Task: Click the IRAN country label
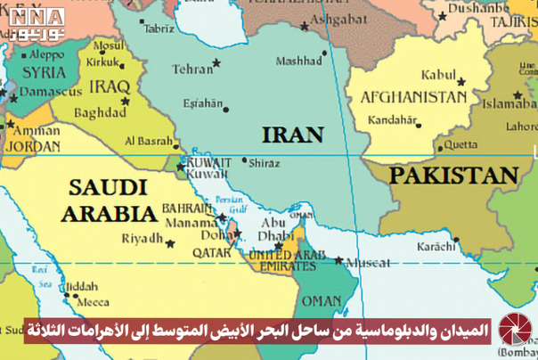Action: pyautogui.click(x=290, y=135)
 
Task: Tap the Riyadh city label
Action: pyautogui.click(x=143, y=238)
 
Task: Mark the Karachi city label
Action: pyautogui.click(x=437, y=246)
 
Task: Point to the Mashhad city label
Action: pyautogui.click(x=299, y=61)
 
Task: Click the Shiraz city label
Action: pyautogui.click(x=265, y=163)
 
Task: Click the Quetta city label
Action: pyautogui.click(x=460, y=144)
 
